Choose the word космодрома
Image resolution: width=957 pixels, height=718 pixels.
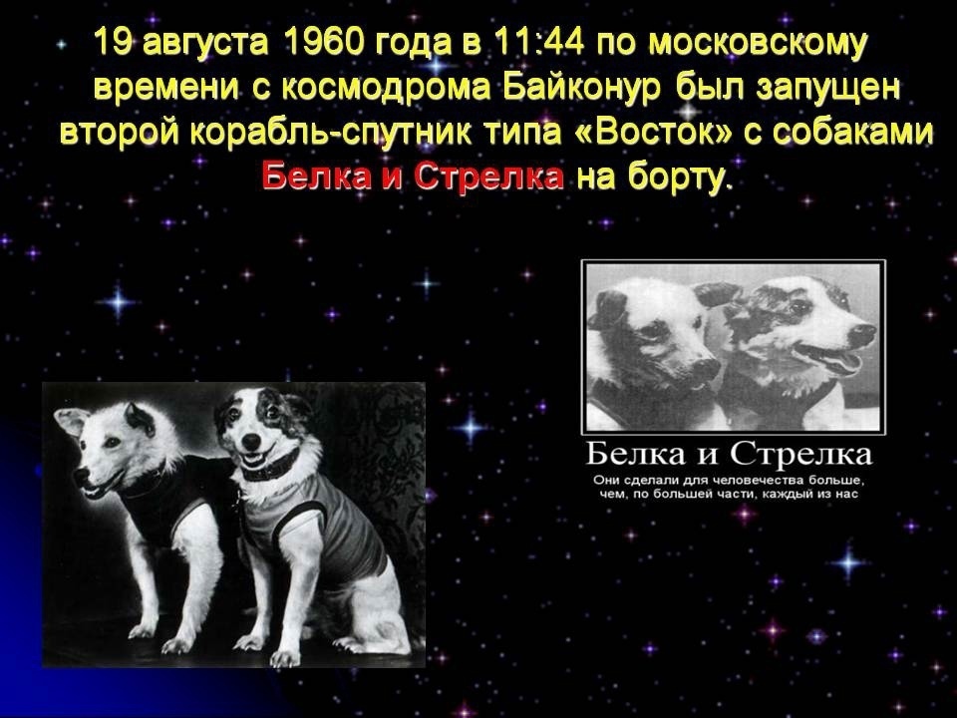(x=386, y=89)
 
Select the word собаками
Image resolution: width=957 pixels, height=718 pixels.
(x=853, y=133)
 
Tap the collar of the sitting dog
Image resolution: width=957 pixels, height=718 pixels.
(x=270, y=468)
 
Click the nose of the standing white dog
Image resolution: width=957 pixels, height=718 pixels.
(x=80, y=477)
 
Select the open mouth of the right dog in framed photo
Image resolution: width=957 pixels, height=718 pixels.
(x=831, y=358)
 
